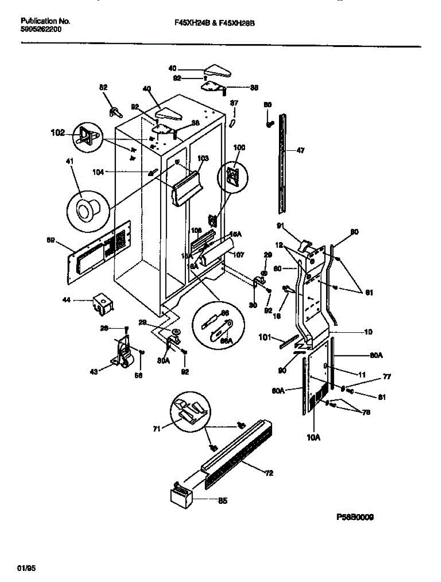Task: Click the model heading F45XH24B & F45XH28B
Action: (x=214, y=22)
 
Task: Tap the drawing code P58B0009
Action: (x=355, y=517)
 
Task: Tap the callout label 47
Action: (x=300, y=151)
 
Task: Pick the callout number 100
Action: (x=240, y=147)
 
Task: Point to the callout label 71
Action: (x=156, y=429)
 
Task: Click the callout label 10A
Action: (x=313, y=437)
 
